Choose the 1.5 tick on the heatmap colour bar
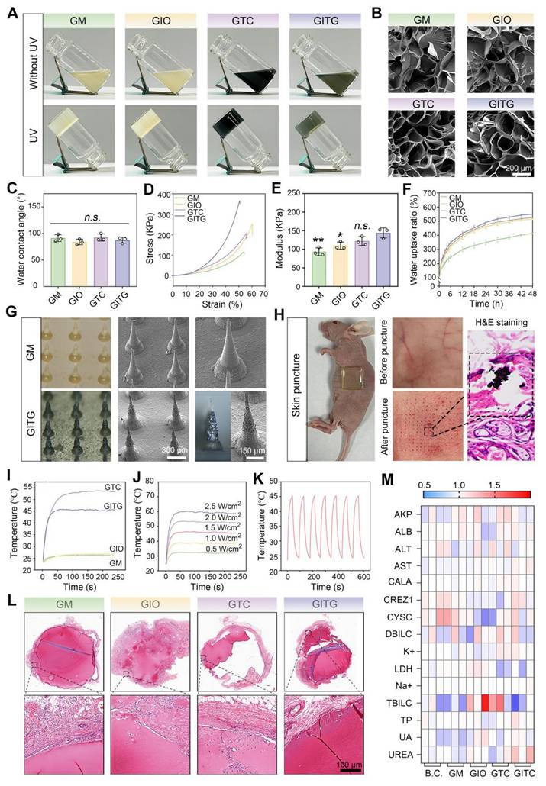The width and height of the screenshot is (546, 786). point(495,505)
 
